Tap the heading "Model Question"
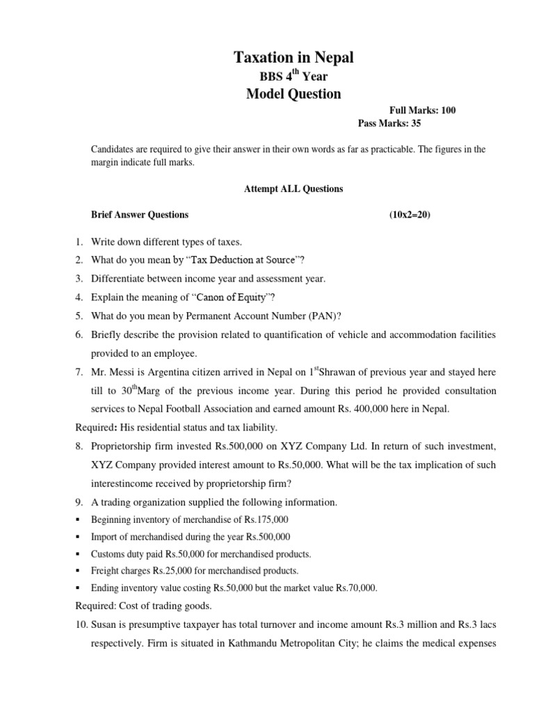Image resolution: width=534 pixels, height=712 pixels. click(293, 94)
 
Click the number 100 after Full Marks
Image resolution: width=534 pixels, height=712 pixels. click(448, 111)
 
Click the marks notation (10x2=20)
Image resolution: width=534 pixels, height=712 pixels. click(410, 216)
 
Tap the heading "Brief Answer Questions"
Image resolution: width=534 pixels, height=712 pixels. click(140, 216)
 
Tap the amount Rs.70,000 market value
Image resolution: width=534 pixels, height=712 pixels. click(355, 588)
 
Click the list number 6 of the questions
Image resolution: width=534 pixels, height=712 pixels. click(80, 335)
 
